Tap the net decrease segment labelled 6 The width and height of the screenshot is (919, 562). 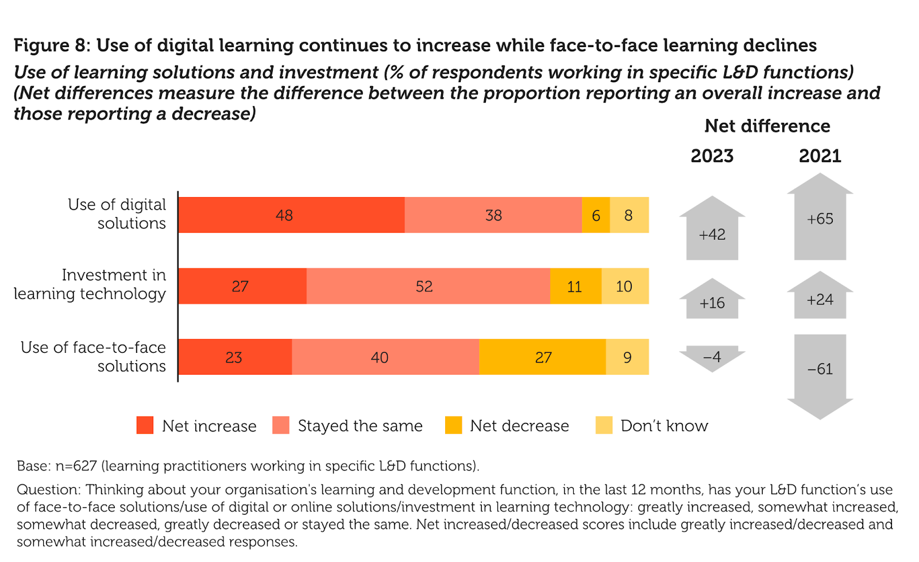596,215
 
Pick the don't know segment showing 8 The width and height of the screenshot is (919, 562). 629,215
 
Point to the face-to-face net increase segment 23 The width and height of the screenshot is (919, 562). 234,357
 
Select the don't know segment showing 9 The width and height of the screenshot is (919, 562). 627,357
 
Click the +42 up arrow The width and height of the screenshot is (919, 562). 712,230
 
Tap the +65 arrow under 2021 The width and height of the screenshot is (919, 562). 820,218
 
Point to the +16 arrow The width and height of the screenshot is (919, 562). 712,301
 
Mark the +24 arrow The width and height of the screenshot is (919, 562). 820,297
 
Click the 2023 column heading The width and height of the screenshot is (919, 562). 712,156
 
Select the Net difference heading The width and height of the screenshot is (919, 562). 767,126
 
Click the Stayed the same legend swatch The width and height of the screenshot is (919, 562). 281,425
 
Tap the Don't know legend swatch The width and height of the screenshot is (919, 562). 604,425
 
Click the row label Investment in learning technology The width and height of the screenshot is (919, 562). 90,284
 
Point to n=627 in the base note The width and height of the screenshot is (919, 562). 76,465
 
